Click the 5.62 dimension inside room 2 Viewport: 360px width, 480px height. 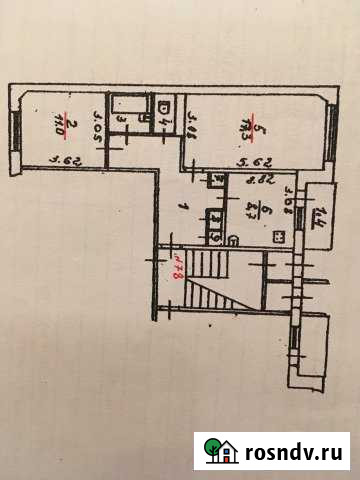pos(64,157)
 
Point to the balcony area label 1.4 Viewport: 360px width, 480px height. pos(320,215)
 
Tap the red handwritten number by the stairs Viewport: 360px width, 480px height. pos(176,270)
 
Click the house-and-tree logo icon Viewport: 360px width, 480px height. pos(219,451)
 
